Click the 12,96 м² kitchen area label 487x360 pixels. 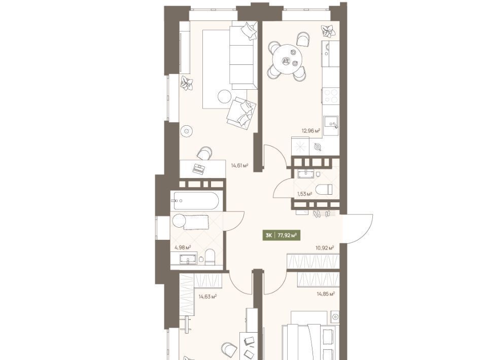click(311, 131)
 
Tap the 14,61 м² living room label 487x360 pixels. click(239, 165)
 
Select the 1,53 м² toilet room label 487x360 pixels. click(304, 194)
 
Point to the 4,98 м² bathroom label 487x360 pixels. click(183, 247)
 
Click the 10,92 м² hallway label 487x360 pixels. click(325, 248)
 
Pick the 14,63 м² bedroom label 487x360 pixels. click(207, 297)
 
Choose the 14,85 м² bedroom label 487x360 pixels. click(326, 293)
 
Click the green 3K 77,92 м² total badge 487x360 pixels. click(282, 235)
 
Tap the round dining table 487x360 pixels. click(287, 59)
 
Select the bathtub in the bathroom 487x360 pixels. click(196, 201)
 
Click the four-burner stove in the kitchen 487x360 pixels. click(331, 96)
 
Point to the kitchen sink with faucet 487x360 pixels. click(331, 124)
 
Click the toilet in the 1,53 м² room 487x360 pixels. click(324, 189)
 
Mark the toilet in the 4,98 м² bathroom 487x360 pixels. click(210, 257)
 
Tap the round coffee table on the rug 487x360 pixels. click(225, 96)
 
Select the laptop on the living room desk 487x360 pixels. click(199, 168)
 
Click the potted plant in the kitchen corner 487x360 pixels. click(328, 31)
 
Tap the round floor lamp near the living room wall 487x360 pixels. click(186, 131)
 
